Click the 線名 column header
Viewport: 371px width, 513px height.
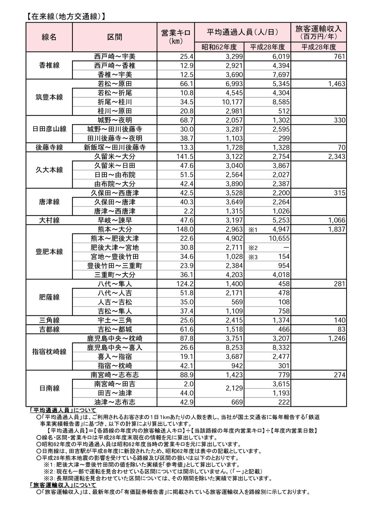pos(49,37)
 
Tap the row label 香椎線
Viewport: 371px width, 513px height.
pos(49,65)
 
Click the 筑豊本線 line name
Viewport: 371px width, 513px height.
pos(49,97)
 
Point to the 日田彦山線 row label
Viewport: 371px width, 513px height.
pos(49,129)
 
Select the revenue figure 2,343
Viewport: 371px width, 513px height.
pos(337,156)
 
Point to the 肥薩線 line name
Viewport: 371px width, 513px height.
pos(49,298)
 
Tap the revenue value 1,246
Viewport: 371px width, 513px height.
pos(337,338)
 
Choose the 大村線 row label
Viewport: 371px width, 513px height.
pos(49,220)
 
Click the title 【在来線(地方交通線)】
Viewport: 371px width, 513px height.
pos(65,16)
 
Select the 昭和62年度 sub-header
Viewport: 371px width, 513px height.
pos(219,47)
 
